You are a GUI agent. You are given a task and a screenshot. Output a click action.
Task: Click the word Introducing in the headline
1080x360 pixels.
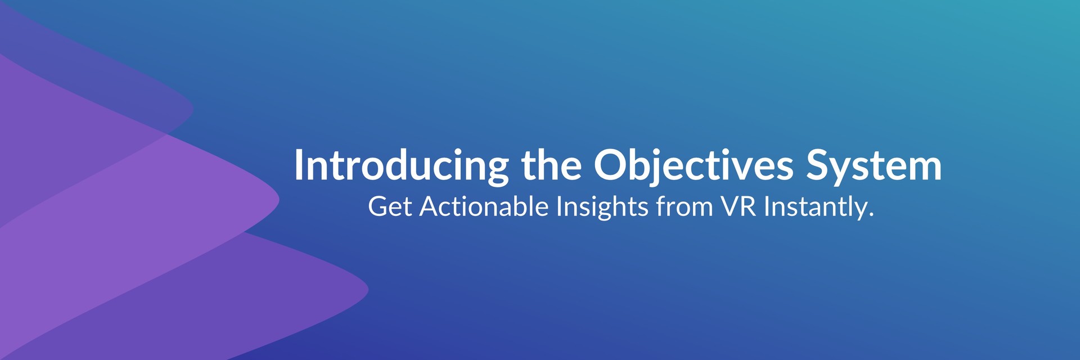pos(401,165)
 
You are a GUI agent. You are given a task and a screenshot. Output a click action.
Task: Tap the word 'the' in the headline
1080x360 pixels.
pos(551,165)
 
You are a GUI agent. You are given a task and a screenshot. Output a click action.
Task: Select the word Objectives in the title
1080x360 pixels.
pos(693,165)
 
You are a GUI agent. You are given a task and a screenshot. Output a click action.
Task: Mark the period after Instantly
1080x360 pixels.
pos(871,215)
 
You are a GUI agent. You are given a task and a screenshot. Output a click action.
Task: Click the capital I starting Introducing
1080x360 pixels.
pos(298,165)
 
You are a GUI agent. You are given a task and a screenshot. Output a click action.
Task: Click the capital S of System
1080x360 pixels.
pos(819,165)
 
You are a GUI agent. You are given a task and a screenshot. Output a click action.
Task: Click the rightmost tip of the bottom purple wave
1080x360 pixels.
pos(368,290)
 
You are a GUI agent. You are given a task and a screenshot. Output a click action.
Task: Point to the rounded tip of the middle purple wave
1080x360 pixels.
pos(278,199)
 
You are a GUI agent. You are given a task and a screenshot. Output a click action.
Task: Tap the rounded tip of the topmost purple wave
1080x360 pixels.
pos(193,110)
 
